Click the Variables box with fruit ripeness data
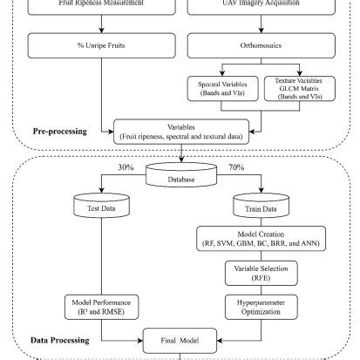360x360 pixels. tap(180, 132)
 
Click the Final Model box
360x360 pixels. tap(180, 342)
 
